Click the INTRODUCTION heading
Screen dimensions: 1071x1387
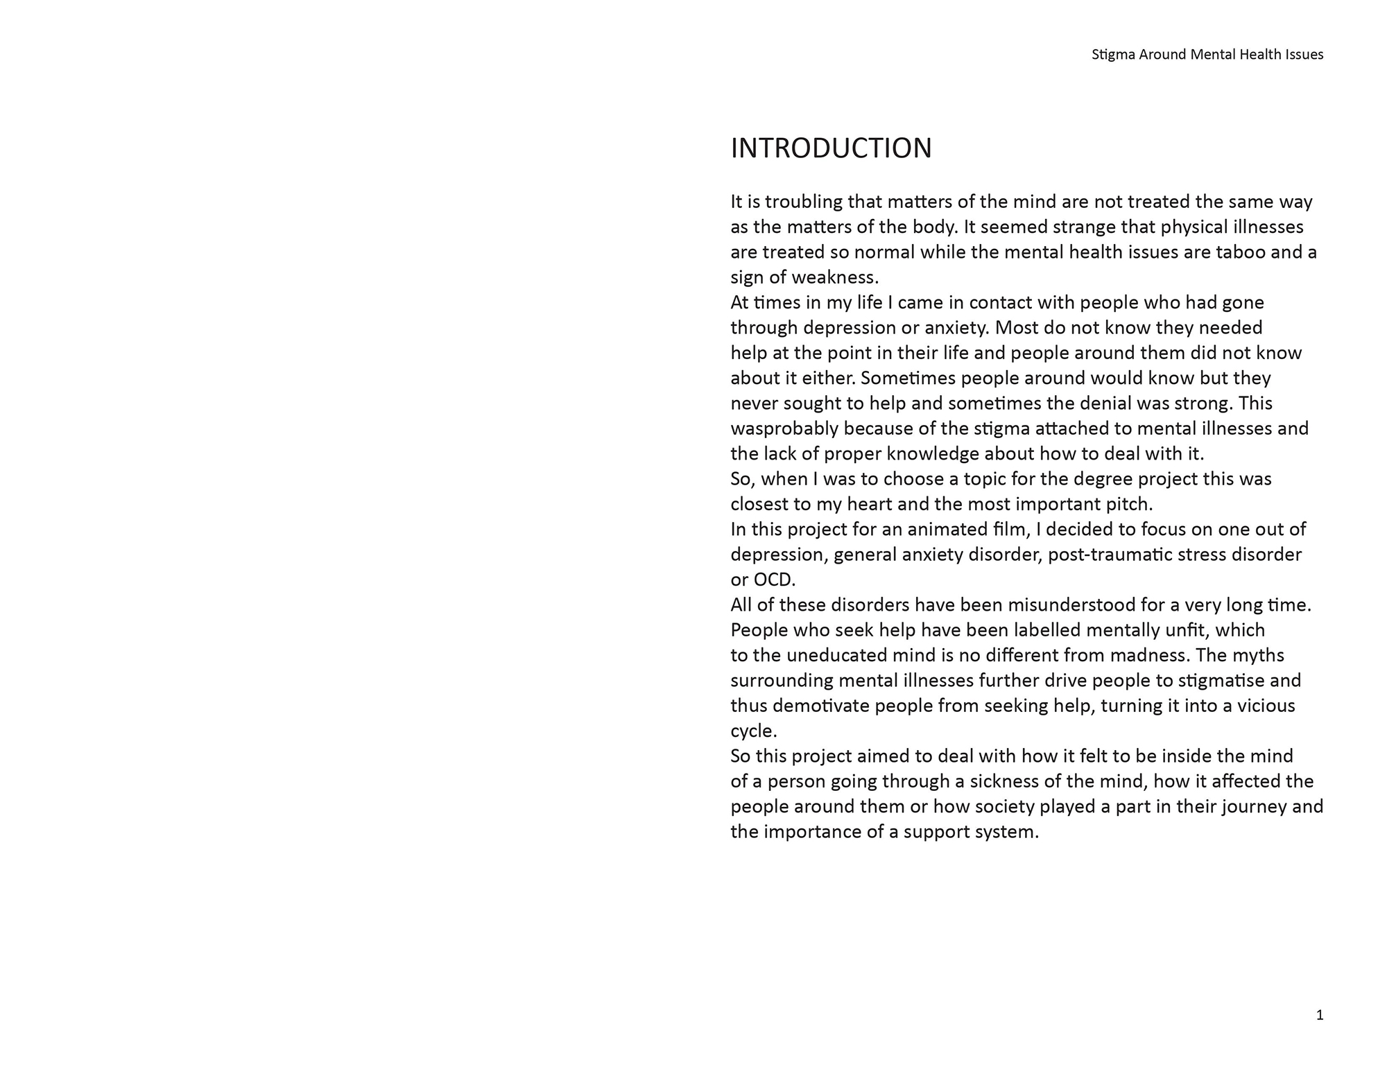pos(831,148)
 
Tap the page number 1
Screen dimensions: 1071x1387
pos(1319,1016)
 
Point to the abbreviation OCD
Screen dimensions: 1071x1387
pos(774,580)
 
